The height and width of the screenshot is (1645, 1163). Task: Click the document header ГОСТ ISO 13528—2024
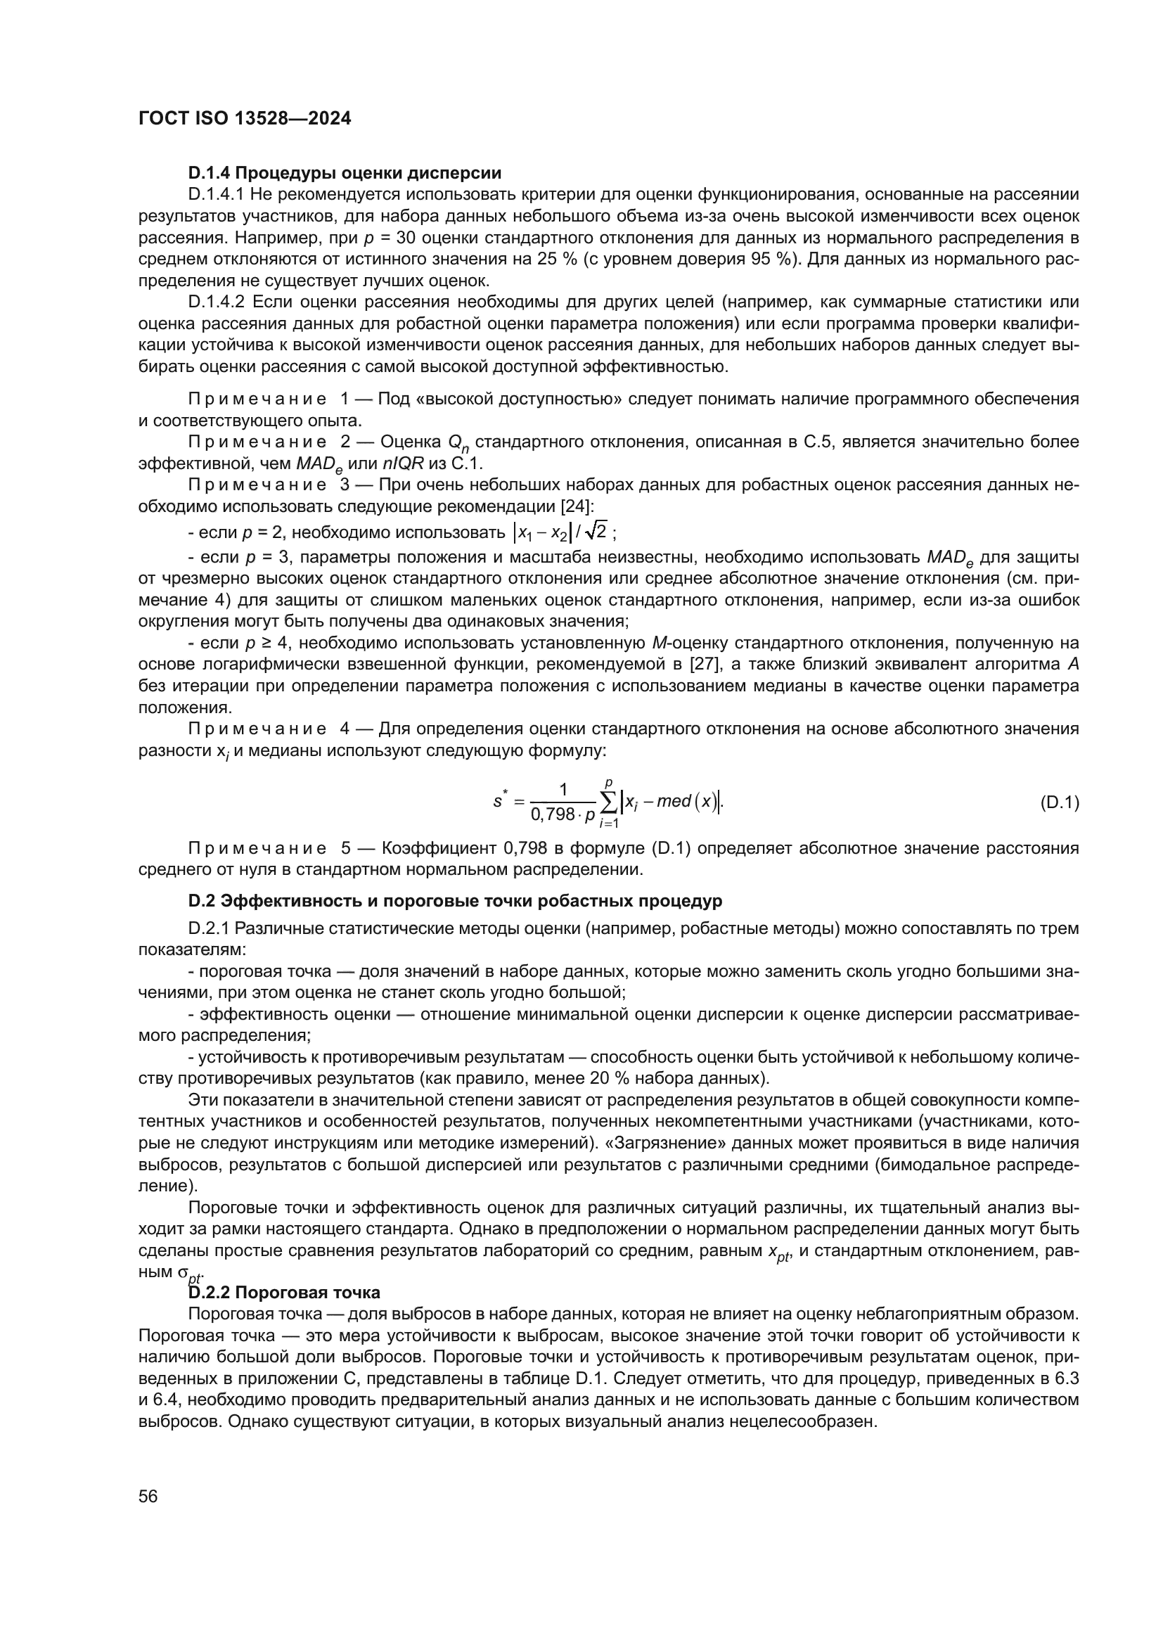click(244, 119)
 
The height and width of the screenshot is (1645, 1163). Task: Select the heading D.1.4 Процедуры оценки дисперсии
click(345, 173)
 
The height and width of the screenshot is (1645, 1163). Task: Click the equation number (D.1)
click(1059, 802)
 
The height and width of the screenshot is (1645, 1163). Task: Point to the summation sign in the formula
click(609, 802)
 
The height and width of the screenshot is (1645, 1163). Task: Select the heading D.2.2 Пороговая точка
click(283, 1293)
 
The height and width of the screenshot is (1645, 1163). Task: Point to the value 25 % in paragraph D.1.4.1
click(557, 259)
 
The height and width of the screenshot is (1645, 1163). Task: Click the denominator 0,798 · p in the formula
click(564, 814)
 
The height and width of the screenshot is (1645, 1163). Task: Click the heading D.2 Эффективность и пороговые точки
click(455, 901)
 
